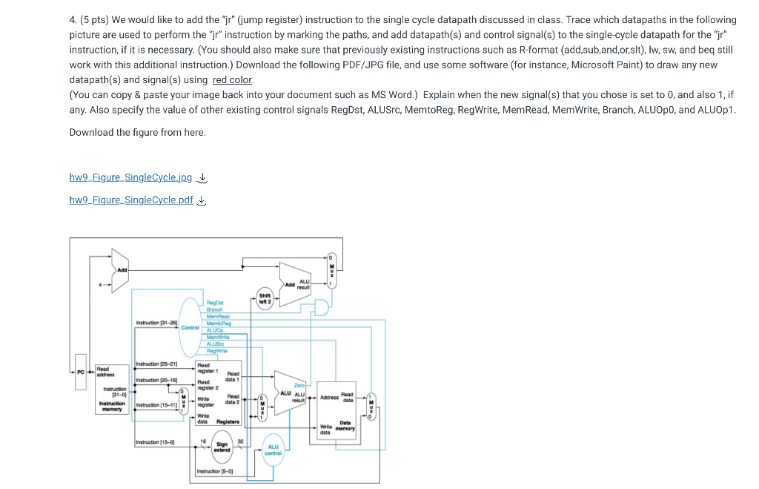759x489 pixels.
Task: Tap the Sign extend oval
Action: click(222, 447)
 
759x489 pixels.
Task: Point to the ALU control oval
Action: click(272, 449)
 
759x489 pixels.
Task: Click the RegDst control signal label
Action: click(215, 303)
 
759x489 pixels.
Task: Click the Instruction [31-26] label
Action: click(157, 323)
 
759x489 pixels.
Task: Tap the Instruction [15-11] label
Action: click(156, 405)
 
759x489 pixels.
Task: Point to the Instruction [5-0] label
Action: click(214, 471)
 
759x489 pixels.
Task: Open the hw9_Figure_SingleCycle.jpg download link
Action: click(130, 177)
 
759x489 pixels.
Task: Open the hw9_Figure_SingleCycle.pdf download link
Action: click(130, 200)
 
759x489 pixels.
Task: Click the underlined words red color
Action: click(232, 80)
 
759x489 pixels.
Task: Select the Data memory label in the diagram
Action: click(345, 425)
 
